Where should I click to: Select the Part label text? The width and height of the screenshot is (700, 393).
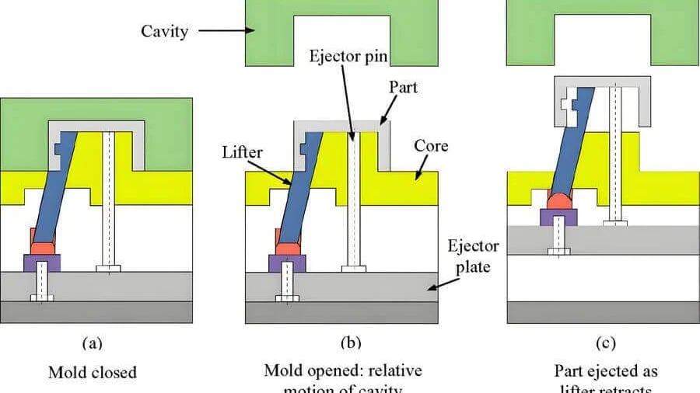[403, 87]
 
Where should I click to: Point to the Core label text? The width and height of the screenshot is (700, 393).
[431, 146]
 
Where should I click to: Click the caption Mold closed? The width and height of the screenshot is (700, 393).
[93, 372]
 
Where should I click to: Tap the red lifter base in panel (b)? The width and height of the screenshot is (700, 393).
[287, 248]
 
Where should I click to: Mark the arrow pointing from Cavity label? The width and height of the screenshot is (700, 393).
[226, 32]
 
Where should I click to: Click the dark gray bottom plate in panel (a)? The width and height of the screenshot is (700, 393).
[97, 313]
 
